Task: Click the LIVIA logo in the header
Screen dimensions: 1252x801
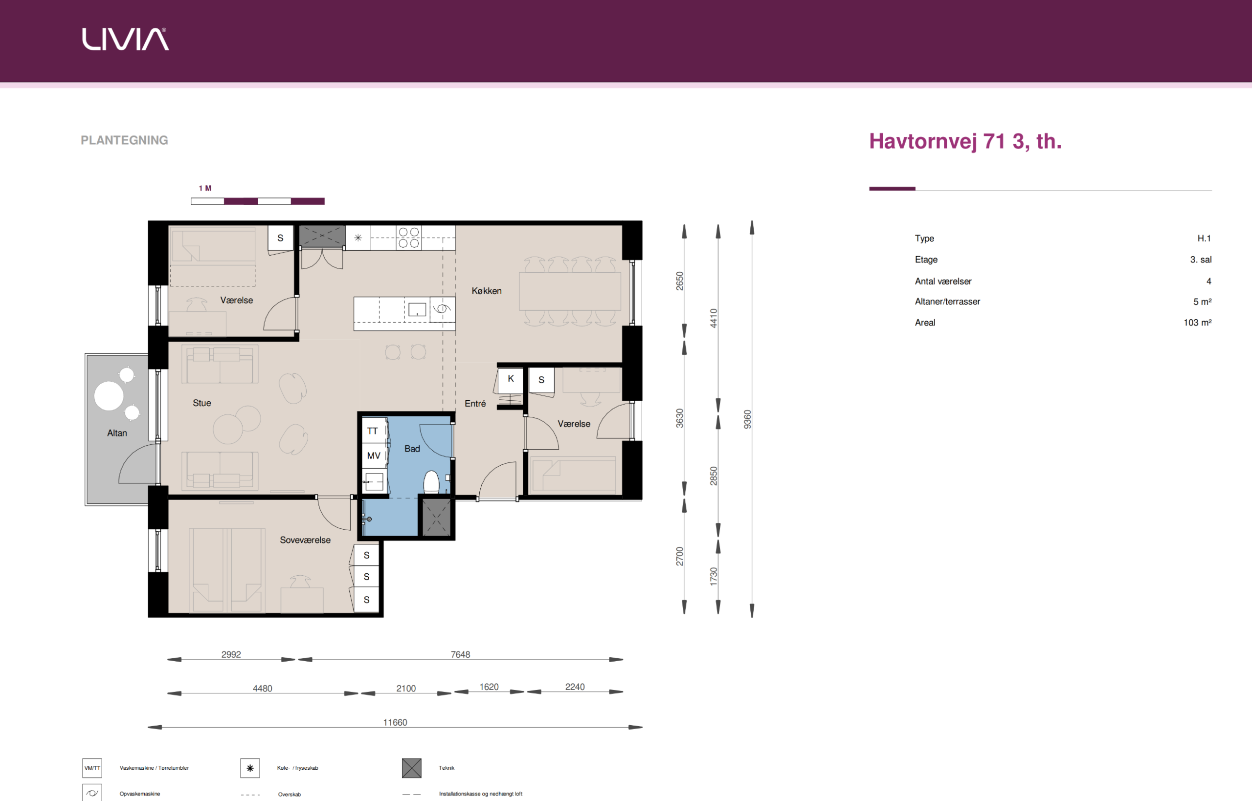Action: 125,39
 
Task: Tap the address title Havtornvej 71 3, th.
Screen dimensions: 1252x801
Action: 965,141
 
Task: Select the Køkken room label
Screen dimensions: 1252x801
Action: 487,291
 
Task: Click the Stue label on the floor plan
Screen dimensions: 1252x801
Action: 202,403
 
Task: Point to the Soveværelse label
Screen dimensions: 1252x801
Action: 306,540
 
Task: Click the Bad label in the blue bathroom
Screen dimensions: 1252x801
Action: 412,448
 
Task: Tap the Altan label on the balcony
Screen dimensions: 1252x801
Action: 117,433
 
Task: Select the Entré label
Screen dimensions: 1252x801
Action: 475,403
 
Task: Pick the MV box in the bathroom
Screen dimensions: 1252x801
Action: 374,455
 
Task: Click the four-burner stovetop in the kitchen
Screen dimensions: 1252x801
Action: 409,238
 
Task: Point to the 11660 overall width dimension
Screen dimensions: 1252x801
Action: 395,722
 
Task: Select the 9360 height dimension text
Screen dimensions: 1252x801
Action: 747,419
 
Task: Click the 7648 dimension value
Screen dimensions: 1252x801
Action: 461,654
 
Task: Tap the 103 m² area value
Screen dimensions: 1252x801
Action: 1197,323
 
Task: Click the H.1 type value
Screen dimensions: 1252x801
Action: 1204,238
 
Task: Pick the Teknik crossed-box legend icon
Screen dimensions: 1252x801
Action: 412,768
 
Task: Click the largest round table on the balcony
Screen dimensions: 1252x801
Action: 109,396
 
